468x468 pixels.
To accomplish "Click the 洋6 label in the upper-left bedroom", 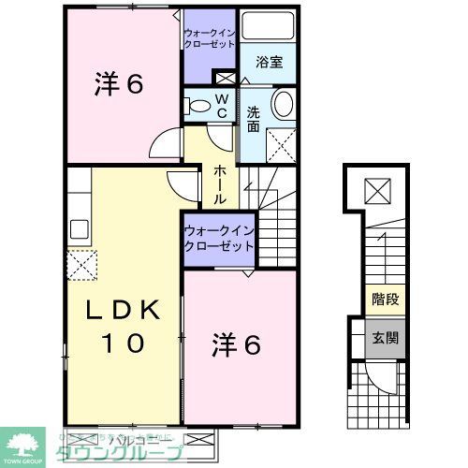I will click(x=118, y=84).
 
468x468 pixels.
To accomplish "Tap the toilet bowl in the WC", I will click(x=198, y=106).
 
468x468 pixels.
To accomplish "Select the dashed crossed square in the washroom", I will click(x=280, y=144).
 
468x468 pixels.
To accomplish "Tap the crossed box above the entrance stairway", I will click(x=378, y=190).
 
